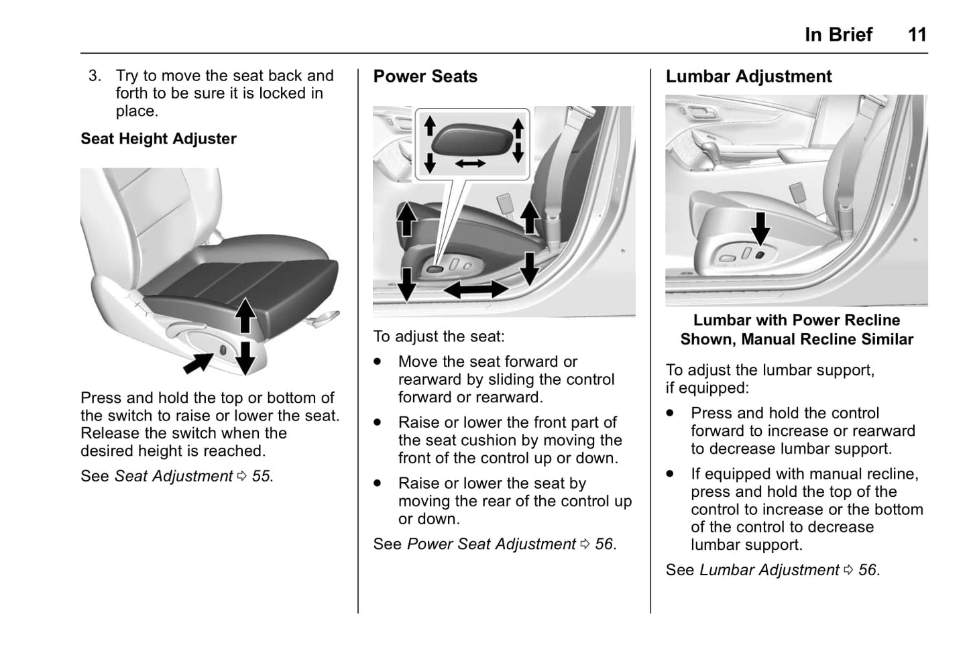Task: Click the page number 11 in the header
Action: click(917, 34)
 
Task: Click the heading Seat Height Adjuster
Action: click(158, 139)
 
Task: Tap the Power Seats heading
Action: click(425, 76)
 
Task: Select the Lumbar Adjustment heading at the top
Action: click(748, 76)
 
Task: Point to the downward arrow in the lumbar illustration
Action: click(760, 229)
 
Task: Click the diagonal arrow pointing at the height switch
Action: click(198, 363)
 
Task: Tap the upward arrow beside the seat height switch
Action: click(245, 315)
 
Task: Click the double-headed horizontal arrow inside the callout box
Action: click(470, 163)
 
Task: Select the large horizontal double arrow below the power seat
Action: click(476, 290)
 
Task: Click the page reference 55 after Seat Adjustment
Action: click(261, 476)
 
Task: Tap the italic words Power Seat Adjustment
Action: click(491, 544)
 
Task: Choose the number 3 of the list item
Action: click(95, 76)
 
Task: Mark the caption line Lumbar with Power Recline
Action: click(796, 320)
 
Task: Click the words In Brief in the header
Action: click(838, 34)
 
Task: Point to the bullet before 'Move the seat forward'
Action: click(379, 361)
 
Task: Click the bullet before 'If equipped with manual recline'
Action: click(671, 474)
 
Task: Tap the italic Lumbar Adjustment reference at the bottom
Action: click(769, 570)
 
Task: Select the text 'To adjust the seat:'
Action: click(439, 337)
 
